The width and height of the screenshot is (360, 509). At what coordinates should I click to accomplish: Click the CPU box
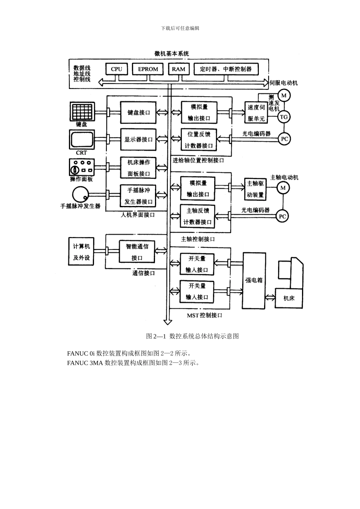(x=116, y=69)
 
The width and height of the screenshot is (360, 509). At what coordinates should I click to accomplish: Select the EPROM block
(x=148, y=69)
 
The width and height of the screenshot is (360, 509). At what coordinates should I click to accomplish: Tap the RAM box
(x=178, y=69)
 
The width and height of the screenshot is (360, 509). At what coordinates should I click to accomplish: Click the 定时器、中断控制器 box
(x=226, y=69)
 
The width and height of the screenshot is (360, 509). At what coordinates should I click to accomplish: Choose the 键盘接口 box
(x=138, y=112)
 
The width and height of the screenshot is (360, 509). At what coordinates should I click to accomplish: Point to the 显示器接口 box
(x=138, y=139)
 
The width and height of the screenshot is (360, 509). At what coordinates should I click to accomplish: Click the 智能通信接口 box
(x=137, y=252)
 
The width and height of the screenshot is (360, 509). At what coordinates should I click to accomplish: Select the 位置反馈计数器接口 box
(x=199, y=140)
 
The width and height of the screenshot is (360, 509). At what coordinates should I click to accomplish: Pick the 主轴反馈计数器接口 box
(x=197, y=216)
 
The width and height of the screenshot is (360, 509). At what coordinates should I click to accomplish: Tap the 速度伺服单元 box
(x=256, y=113)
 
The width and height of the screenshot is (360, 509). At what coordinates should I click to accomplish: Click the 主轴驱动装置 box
(x=255, y=189)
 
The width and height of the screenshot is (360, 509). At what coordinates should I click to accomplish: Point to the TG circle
(x=284, y=117)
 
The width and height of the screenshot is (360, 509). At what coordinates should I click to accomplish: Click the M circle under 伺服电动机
(x=284, y=94)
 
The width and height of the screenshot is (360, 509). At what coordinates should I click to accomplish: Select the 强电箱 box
(x=254, y=280)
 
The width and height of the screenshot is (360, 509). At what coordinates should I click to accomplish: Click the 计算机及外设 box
(x=81, y=252)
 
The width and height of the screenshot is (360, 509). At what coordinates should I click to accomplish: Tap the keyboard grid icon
(x=82, y=111)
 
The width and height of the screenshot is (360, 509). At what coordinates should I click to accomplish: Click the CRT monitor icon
(x=82, y=140)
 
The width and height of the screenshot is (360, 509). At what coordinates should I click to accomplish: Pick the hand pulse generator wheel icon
(x=81, y=195)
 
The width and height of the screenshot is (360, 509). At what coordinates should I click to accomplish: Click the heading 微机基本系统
(x=172, y=53)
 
